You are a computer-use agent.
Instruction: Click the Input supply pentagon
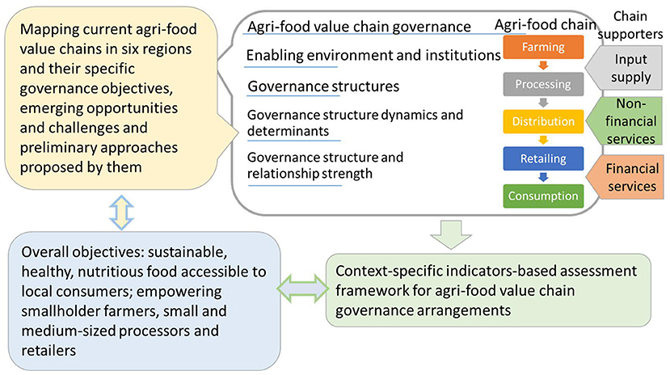626,68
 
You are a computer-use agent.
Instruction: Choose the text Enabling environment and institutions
373,56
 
